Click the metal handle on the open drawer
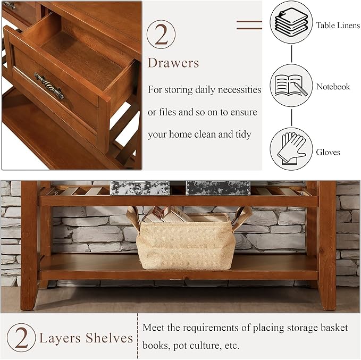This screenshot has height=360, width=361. (x=49, y=86)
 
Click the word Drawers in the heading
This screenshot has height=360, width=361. (x=173, y=63)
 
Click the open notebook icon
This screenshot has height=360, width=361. (x=291, y=86)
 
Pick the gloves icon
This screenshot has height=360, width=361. (x=291, y=148)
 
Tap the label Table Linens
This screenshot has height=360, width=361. (x=338, y=26)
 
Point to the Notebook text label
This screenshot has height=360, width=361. (x=333, y=87)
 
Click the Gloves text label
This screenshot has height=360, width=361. (x=328, y=153)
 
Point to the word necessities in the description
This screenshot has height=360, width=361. (x=236, y=89)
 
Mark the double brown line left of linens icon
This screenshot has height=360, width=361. (x=249, y=24)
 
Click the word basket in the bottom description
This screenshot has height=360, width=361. (x=332, y=328)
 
